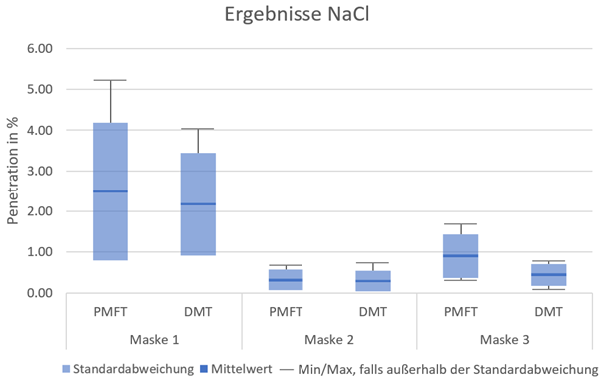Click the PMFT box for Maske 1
pyautogui.click(x=110, y=160)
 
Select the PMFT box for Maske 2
pyautogui.click(x=286, y=280)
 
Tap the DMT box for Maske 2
pyautogui.click(x=373, y=281)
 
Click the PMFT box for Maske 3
pyautogui.click(x=461, y=256)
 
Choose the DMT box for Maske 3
pyautogui.click(x=549, y=275)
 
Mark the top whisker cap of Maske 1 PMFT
pyautogui.click(x=110, y=80)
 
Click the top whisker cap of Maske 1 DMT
pyautogui.click(x=198, y=129)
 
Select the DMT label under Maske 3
pyautogui.click(x=549, y=313)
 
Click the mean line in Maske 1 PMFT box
pyautogui.click(x=110, y=191)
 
